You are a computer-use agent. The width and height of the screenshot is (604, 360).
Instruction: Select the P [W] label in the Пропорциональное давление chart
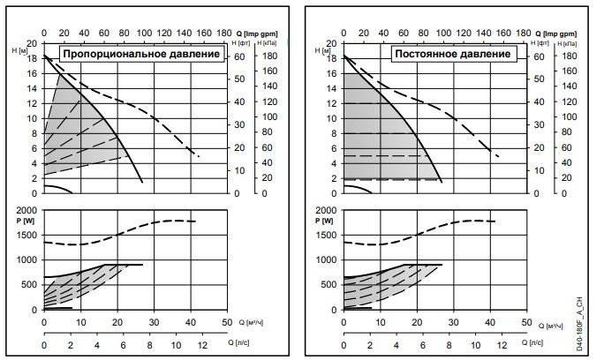click(x=23, y=218)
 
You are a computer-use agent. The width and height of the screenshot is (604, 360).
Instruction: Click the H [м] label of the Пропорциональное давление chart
click(x=19, y=50)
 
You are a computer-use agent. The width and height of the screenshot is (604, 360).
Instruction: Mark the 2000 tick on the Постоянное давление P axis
click(x=325, y=209)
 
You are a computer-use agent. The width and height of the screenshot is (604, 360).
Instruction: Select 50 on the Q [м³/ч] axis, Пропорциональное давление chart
click(x=227, y=323)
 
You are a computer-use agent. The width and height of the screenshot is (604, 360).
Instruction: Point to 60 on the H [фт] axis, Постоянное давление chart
click(x=540, y=56)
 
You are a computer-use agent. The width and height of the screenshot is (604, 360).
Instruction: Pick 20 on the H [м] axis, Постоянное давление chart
click(x=332, y=42)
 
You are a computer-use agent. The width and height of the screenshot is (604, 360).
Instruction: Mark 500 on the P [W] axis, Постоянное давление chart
click(x=328, y=285)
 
